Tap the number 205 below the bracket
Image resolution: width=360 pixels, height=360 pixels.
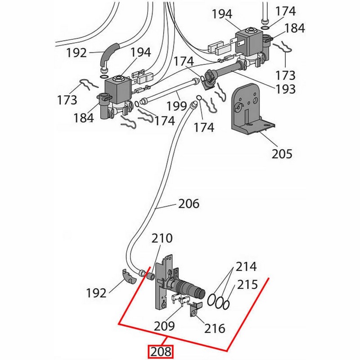point(282,154)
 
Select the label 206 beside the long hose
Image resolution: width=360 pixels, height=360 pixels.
point(188,204)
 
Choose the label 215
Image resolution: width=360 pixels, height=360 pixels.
point(248,284)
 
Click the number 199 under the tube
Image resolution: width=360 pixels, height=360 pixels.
point(176,106)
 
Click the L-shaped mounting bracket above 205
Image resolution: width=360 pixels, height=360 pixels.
point(247,110)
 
